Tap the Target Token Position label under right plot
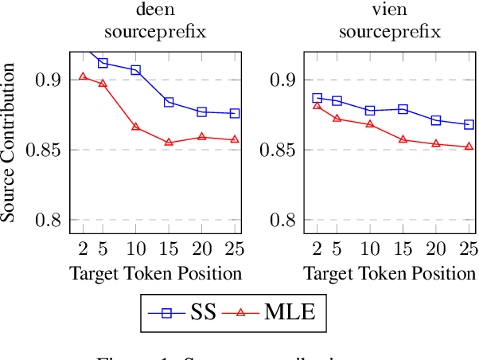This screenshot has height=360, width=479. click(x=390, y=274)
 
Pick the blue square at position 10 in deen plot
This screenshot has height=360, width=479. click(x=135, y=70)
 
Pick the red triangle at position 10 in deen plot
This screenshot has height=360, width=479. click(x=135, y=127)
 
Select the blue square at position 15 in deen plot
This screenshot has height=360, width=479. click(x=169, y=102)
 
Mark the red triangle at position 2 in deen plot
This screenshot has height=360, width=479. click(x=82, y=76)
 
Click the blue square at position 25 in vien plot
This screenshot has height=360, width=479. click(x=469, y=124)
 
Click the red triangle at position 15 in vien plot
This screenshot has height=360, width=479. click(x=403, y=139)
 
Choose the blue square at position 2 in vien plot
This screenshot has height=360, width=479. click(x=317, y=98)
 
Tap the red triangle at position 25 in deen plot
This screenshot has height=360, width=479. click(x=234, y=139)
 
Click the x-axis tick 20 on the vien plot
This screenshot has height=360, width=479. click(x=435, y=248)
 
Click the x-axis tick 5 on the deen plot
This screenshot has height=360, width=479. click(x=103, y=248)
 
